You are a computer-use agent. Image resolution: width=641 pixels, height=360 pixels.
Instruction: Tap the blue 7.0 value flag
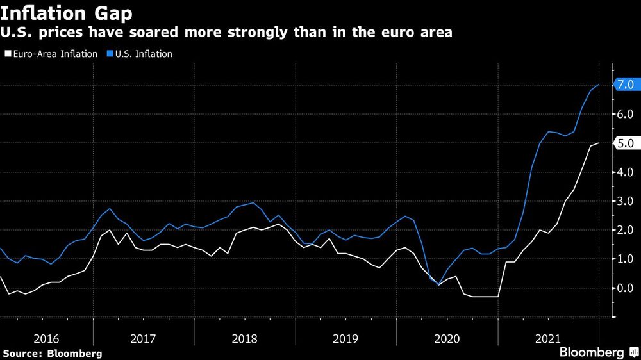click(624, 85)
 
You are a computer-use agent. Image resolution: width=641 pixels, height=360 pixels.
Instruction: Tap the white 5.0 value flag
click(624, 143)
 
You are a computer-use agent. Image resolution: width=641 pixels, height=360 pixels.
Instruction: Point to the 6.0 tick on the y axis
click(626, 115)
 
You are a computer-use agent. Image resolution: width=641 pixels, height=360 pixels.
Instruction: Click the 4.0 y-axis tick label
click(626, 172)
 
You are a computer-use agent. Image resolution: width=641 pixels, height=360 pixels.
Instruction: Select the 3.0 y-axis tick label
click(626, 201)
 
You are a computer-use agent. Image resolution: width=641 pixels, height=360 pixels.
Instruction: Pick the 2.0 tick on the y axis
click(626, 230)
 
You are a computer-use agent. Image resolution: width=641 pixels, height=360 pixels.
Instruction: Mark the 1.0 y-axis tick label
click(626, 259)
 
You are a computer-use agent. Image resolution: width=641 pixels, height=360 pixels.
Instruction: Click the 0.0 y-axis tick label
click(626, 288)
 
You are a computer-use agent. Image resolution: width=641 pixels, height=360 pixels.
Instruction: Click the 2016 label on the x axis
click(46, 338)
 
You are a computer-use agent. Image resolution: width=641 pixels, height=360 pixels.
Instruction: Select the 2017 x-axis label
click(145, 338)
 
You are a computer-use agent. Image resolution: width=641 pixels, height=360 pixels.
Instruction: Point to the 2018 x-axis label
click(246, 338)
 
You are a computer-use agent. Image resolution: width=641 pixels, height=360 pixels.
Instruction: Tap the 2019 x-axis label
click(346, 338)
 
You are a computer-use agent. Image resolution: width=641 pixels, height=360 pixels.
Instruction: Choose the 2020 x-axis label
click(447, 338)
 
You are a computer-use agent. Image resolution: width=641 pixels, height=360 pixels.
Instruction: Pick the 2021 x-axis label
click(547, 338)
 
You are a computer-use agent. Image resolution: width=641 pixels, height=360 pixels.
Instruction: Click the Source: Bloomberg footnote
click(52, 353)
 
